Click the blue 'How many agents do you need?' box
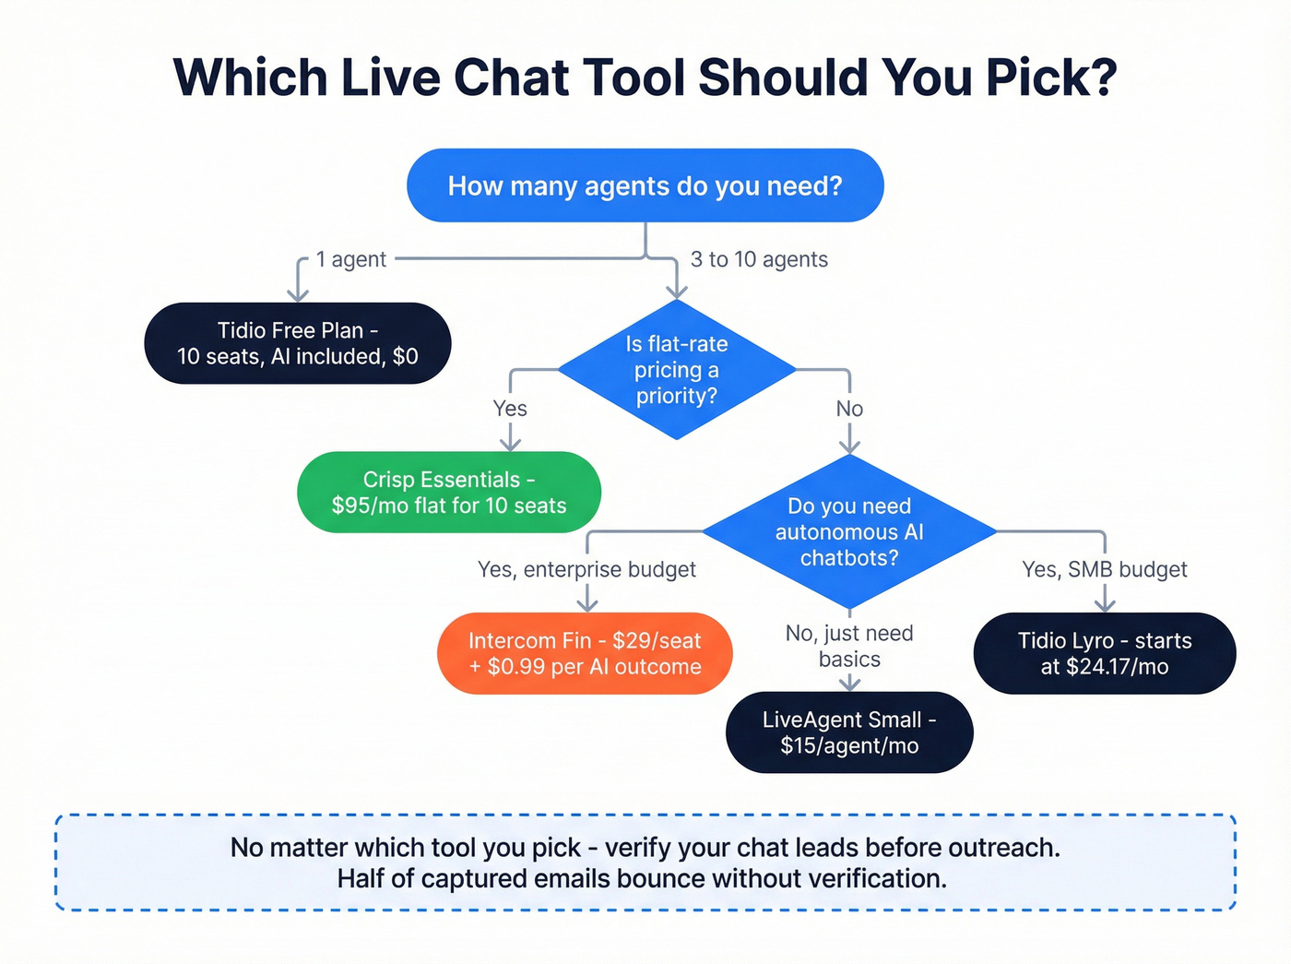tap(645, 185)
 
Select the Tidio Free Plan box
tap(297, 343)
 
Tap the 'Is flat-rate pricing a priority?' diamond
tap(676, 370)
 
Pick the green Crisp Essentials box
tap(449, 493)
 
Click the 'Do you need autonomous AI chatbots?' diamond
tap(848, 532)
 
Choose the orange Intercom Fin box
tap(585, 653)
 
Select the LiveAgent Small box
tap(849, 732)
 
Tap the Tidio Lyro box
tap(1104, 653)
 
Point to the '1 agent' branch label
tap(350, 260)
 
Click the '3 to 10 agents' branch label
tap(759, 260)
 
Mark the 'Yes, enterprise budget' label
tap(586, 570)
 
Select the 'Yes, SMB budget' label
tap(1104, 570)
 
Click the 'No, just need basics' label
tap(849, 646)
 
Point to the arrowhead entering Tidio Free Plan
tap(298, 294)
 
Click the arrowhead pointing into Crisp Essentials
tap(510, 444)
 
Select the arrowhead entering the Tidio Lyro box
tap(1105, 604)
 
